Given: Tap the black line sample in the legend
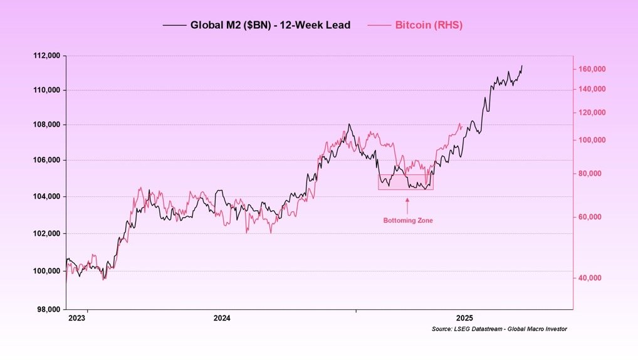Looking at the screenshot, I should coord(174,25).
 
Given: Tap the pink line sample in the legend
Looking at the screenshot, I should coord(379,25).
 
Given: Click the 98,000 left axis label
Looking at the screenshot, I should coord(48,309).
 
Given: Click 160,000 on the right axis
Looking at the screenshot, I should coord(591,68).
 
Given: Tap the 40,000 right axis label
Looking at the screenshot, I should coord(590,277).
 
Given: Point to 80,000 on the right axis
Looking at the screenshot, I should coord(590,173).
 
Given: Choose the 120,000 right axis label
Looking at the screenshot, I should coord(591,112).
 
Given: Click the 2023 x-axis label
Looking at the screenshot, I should coord(77,319).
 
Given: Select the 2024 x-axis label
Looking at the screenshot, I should coord(222,319).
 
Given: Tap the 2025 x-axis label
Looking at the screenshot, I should coord(464,319).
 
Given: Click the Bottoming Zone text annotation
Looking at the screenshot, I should coord(408,220).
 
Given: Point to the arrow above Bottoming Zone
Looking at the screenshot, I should coord(407,205).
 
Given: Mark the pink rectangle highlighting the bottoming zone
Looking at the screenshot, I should coord(405,182).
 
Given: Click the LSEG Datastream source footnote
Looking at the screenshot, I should coord(499,329).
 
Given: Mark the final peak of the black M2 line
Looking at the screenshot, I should coord(522,65).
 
